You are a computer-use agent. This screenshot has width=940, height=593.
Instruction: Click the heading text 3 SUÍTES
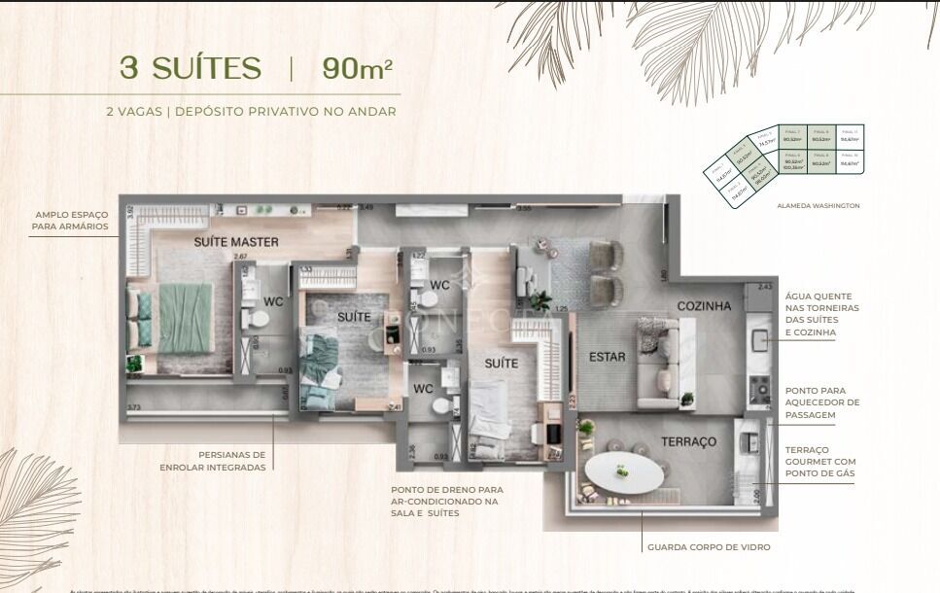(191, 68)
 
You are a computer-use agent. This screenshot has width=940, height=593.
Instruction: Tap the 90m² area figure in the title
(357, 68)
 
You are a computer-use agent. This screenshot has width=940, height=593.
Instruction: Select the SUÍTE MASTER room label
(236, 241)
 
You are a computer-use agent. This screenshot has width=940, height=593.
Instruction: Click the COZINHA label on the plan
(704, 306)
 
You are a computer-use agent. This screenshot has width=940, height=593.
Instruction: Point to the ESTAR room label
(608, 357)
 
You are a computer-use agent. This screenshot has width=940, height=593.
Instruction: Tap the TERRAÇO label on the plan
(688, 441)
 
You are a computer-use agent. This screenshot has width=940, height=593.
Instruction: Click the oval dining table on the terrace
(624, 473)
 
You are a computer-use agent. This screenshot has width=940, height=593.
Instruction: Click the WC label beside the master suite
(273, 301)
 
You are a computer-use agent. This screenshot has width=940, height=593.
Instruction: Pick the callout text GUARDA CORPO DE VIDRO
(709, 547)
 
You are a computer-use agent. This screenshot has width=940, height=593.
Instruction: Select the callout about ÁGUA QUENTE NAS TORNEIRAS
(821, 314)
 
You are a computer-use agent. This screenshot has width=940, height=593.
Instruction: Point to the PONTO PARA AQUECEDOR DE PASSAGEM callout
(821, 402)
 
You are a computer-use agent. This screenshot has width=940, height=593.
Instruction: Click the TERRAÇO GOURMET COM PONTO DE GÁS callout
(821, 462)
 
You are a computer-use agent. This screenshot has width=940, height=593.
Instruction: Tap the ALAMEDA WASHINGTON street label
(818, 206)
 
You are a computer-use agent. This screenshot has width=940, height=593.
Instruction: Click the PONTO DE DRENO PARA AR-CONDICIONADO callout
(447, 502)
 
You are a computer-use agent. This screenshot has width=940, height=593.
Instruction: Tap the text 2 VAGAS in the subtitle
(134, 112)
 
